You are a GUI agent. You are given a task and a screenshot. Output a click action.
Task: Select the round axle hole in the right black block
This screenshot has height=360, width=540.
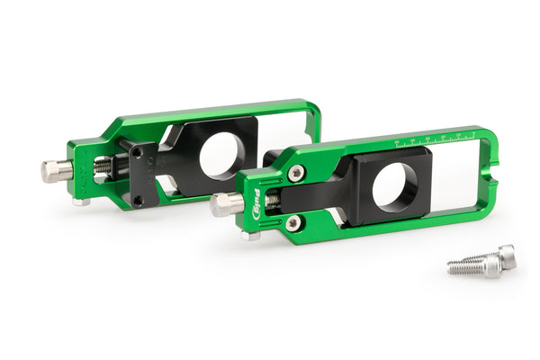pyautogui.click(x=395, y=187)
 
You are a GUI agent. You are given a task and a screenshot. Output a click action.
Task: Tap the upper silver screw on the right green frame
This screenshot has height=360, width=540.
pyautogui.click(x=295, y=174)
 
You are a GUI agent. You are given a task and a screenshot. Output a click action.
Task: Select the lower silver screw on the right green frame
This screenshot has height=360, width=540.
pyautogui.click(x=293, y=222)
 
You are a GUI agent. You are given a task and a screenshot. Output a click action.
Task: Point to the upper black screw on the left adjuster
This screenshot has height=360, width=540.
pyautogui.click(x=136, y=153)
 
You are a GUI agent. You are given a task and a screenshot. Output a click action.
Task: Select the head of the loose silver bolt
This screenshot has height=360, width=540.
pyautogui.click(x=506, y=256)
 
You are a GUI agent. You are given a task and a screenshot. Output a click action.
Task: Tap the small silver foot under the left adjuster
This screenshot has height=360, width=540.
pyautogui.click(x=81, y=202)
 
